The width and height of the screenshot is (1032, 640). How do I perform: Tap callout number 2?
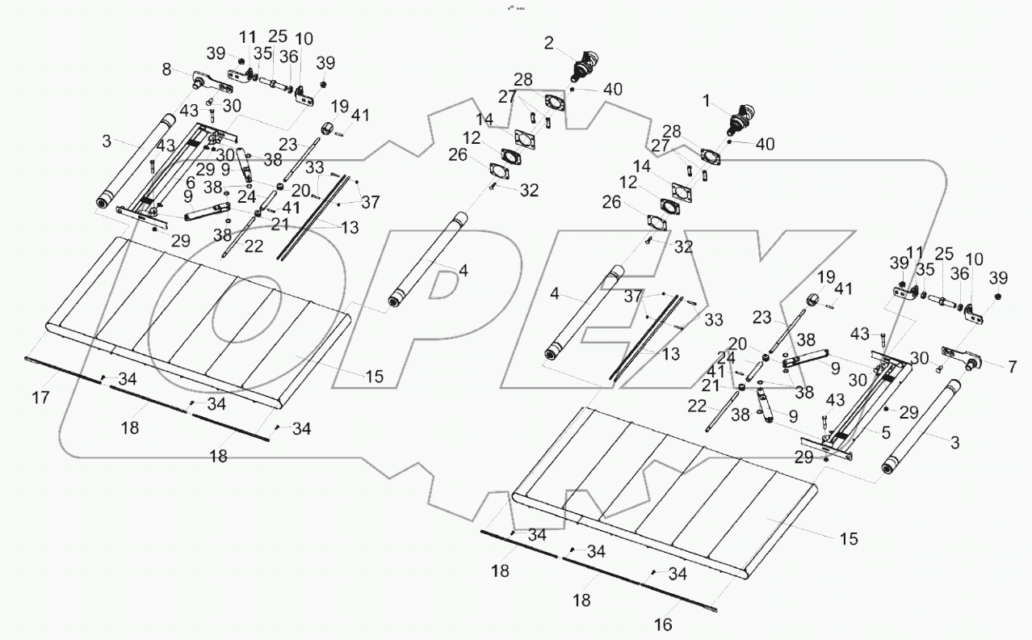pos(549,44)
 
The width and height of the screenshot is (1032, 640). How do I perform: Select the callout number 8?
pos(166,71)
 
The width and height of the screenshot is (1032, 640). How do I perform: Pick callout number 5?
pos(887,433)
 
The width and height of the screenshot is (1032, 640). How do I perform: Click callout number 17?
pos(41,397)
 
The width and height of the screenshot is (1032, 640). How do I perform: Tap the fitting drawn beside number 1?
pos(740,120)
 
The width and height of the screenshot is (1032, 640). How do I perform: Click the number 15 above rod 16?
pos(848,539)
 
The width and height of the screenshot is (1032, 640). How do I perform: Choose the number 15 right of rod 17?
pos(373,376)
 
